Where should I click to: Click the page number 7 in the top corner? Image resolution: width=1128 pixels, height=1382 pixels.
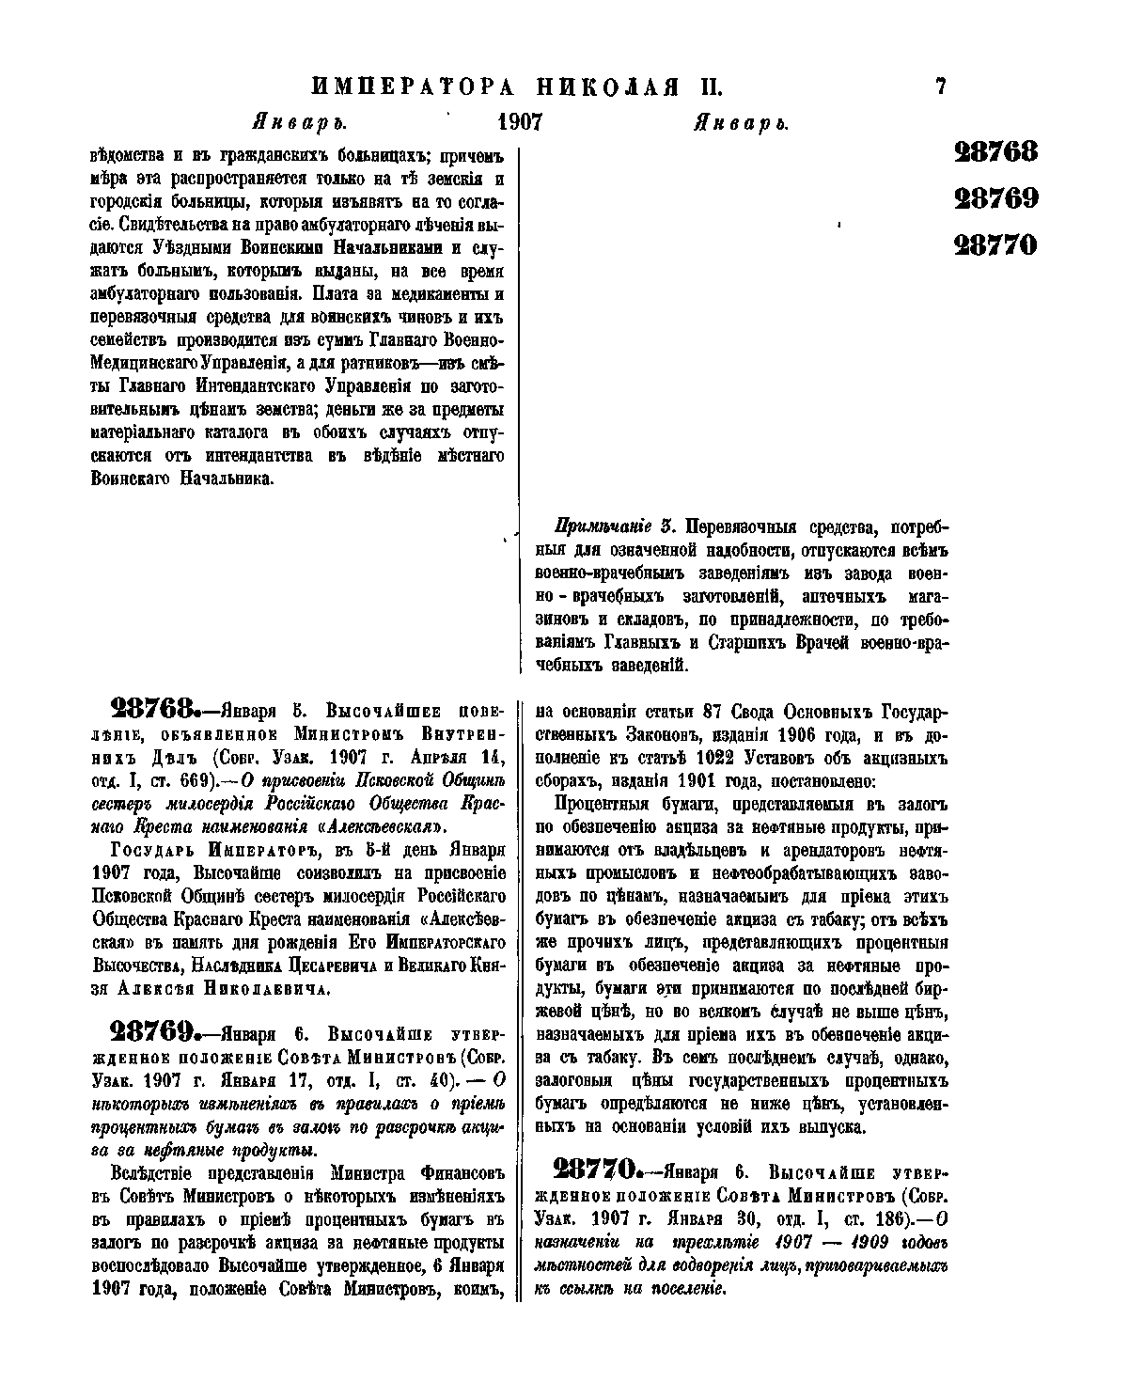tap(940, 87)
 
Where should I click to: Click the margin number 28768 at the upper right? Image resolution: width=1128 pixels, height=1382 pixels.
tap(995, 151)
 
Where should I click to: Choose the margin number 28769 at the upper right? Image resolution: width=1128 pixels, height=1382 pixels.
tap(995, 198)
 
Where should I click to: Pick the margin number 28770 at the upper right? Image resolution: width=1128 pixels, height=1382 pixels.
tap(995, 245)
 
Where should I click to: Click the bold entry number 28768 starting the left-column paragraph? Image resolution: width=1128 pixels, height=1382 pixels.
tap(153, 707)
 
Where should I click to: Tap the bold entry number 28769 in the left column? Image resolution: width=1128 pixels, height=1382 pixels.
tap(153, 1029)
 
